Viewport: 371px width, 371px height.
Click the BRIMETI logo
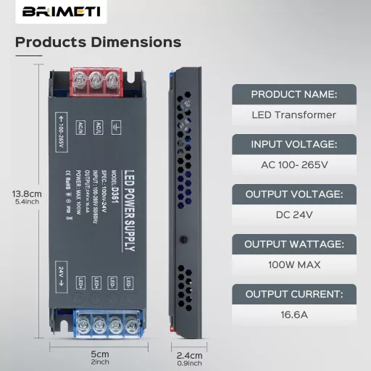point(53,12)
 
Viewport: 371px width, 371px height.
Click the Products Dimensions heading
point(98,42)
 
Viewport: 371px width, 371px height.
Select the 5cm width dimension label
point(101,355)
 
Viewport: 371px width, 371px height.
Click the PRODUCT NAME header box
point(294,94)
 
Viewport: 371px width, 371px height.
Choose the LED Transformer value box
point(294,114)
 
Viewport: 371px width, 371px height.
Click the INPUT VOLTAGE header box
point(294,144)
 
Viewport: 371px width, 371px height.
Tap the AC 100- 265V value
point(294,164)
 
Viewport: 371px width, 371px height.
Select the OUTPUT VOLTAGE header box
point(294,194)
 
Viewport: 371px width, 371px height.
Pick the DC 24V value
point(294,214)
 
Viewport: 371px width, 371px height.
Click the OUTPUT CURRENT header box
point(294,294)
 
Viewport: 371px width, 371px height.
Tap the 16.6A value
point(294,314)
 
